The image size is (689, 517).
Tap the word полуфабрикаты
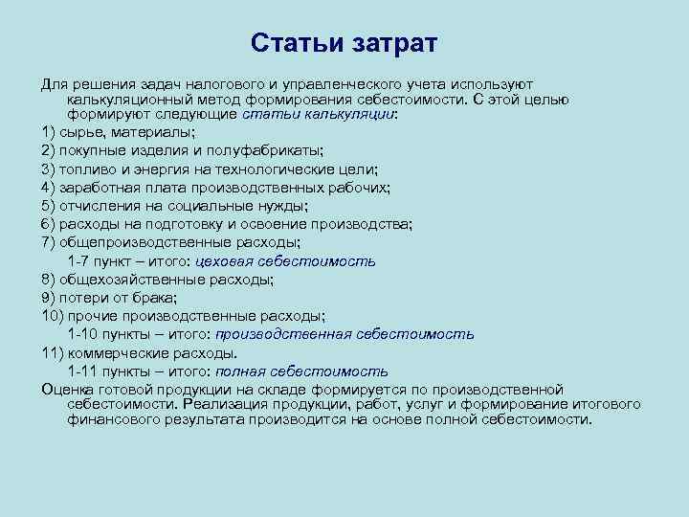coord(268,150)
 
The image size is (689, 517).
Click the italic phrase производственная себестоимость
coord(344,335)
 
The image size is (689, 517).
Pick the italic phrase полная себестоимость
coord(301,371)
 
